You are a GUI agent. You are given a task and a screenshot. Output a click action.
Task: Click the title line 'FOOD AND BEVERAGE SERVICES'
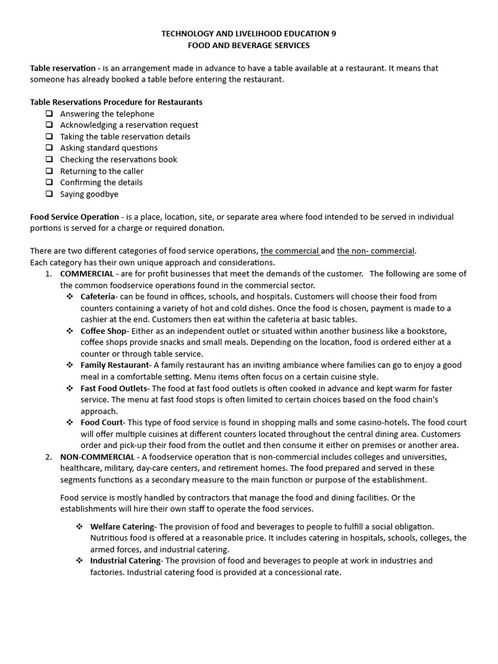point(248,45)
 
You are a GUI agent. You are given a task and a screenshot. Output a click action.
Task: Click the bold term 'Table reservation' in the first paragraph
point(62,68)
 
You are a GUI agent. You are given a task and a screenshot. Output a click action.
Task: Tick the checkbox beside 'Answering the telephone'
point(49,113)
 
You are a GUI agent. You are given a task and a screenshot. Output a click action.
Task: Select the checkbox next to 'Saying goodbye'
point(49,194)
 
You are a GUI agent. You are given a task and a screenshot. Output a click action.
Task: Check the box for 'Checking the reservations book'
point(49,160)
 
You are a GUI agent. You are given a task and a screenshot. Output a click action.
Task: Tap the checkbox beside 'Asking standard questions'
point(49,148)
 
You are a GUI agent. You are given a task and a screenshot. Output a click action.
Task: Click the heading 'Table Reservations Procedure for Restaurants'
point(116,102)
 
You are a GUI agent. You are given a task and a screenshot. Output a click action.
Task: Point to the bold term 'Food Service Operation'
point(74,217)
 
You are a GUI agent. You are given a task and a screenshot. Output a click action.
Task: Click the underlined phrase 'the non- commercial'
point(375,251)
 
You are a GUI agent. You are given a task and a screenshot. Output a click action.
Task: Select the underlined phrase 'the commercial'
point(290,251)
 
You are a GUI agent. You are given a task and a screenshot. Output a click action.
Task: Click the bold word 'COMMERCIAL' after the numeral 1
point(87,274)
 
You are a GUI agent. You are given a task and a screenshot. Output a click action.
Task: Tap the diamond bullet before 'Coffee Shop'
point(69,331)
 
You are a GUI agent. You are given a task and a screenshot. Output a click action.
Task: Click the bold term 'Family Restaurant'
point(115,365)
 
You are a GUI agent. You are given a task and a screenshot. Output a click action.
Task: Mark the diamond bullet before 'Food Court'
point(69,422)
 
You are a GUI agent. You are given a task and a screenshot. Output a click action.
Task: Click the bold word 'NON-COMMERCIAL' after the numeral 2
point(97,456)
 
